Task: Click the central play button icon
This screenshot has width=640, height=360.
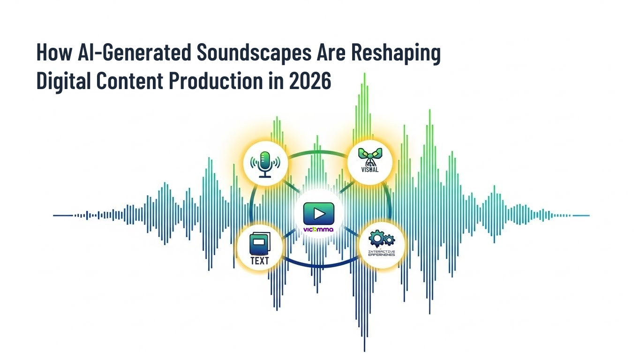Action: point(319,214)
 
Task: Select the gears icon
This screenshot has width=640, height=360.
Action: point(381,239)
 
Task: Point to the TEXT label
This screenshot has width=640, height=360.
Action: point(259,260)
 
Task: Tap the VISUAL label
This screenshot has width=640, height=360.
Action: point(369,170)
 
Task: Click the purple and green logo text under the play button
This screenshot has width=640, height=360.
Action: point(318,230)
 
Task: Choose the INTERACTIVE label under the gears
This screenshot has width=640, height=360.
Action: point(382,252)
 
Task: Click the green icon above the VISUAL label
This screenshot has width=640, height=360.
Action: point(370,157)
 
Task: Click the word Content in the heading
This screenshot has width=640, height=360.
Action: point(129,82)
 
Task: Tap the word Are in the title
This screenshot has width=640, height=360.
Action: point(334,53)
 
